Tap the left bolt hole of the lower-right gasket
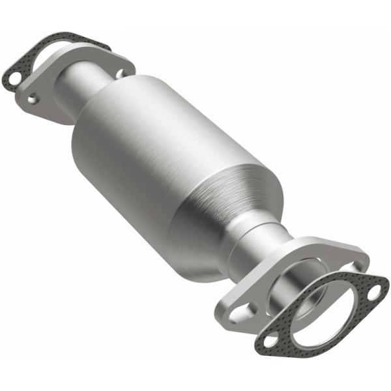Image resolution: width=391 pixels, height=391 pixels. point(268,340)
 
